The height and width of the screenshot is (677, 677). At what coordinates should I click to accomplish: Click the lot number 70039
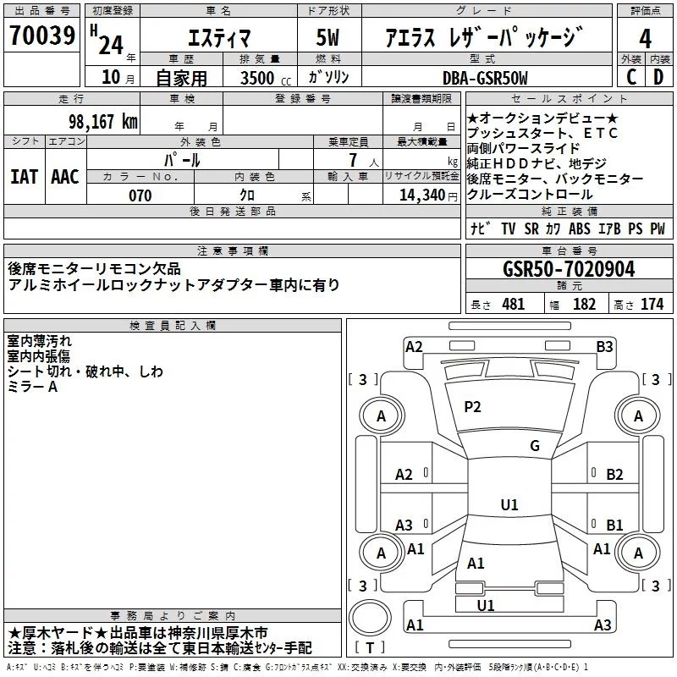tap(42, 35)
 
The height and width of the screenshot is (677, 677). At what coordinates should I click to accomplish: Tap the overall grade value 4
tap(645, 38)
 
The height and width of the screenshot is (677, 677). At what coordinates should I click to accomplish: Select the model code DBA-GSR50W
tap(485, 78)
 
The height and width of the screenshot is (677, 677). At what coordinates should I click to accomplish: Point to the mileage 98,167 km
tap(102, 122)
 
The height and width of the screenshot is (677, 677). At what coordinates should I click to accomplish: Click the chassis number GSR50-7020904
tap(569, 269)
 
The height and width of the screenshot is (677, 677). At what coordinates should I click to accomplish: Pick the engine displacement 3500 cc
tap(266, 78)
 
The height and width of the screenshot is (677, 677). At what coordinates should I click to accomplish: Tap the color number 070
tap(140, 195)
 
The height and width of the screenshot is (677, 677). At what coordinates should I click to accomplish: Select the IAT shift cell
tap(25, 177)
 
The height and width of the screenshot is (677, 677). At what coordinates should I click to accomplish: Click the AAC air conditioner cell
tap(65, 177)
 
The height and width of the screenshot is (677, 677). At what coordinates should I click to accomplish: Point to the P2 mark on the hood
tap(472, 407)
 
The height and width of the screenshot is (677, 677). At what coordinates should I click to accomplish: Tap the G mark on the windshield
tap(535, 446)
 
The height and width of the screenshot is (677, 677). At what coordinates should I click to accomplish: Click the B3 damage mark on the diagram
tap(604, 347)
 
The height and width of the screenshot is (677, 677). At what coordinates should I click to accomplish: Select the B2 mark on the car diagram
tap(614, 475)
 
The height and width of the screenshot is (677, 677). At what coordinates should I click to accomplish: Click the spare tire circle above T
tap(370, 618)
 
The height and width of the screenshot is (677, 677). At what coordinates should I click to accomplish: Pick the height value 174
tap(652, 305)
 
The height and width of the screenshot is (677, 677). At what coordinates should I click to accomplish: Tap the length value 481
tap(514, 305)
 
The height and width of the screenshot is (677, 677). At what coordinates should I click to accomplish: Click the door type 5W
tap(327, 37)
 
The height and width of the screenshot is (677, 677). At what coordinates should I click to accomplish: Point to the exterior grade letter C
tap(631, 77)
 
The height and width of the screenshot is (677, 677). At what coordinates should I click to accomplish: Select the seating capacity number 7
tap(353, 160)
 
